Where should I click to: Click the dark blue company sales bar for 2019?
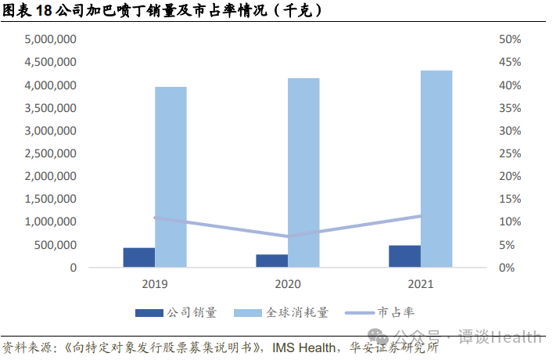139,257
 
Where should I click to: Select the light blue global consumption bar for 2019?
171,177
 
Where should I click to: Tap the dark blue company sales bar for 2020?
271,261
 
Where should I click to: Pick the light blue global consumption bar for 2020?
303,172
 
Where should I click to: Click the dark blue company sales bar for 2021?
404,256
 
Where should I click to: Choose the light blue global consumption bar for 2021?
436,169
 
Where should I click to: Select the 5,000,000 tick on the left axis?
50,39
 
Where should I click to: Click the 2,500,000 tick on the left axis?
50,153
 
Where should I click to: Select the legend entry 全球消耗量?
297,312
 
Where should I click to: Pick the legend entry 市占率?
394,312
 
